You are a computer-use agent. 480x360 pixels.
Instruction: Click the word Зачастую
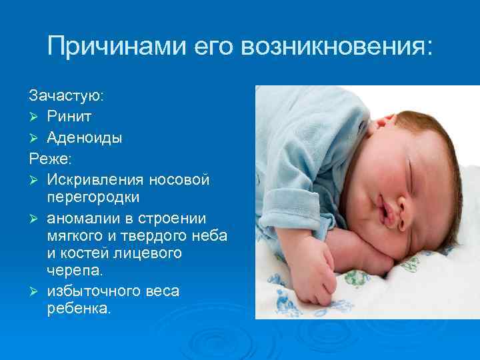(x=66, y=96)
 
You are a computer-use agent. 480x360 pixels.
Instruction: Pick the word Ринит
(x=70, y=117)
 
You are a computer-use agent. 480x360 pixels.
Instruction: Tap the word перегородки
(x=93, y=198)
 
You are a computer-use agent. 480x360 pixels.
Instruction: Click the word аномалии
(x=79, y=218)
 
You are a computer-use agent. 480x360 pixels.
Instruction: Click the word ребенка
(x=77, y=309)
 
